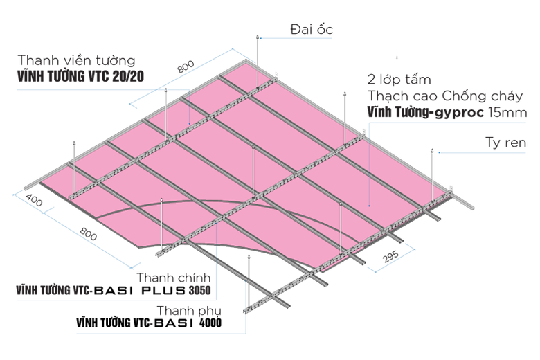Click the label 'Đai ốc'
(x=312, y=29)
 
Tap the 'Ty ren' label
(x=505, y=143)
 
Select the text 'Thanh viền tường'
(x=76, y=60)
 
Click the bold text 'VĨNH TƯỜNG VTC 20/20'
(x=80, y=76)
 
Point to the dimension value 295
(x=391, y=255)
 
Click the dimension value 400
(x=34, y=200)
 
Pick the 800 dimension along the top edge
(x=186, y=66)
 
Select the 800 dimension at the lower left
(x=88, y=233)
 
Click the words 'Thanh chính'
(x=174, y=278)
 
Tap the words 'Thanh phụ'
(x=189, y=311)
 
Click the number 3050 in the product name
(x=200, y=290)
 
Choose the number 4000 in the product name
(x=210, y=323)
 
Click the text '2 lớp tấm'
(x=399, y=80)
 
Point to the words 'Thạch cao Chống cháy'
(x=445, y=96)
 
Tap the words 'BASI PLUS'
(x=140, y=290)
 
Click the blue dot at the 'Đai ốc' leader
(x=261, y=38)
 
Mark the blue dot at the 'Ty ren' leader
(x=439, y=152)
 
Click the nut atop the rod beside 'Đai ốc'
(x=257, y=37)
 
